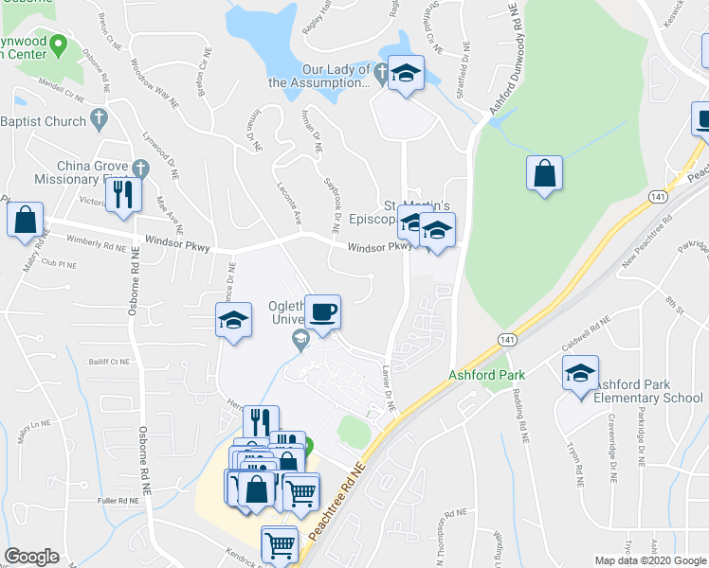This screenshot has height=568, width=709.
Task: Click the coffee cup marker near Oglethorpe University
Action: click(x=322, y=312)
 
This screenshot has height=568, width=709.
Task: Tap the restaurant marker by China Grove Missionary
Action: click(x=124, y=193)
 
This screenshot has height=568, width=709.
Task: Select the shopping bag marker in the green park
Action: click(x=544, y=174)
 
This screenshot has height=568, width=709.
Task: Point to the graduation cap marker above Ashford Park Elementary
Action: click(x=581, y=373)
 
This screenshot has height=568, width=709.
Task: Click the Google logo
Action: click(x=31, y=557)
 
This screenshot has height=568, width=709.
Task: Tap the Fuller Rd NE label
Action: click(x=118, y=500)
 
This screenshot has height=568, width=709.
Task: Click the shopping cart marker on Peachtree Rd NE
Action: click(x=280, y=544)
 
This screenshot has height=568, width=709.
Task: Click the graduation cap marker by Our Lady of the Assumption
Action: click(x=406, y=74)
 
